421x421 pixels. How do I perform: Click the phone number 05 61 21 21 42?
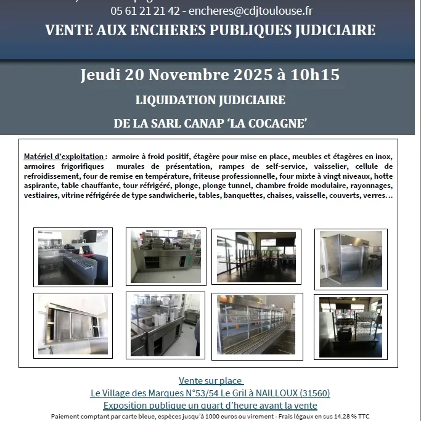[x=145, y=11]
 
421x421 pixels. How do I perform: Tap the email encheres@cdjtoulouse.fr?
[x=250, y=11]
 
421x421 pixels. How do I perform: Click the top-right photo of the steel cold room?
[x=351, y=259]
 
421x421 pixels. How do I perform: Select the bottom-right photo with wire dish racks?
[x=351, y=327]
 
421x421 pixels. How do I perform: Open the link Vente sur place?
[x=211, y=381]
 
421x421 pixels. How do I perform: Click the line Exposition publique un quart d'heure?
[x=210, y=406]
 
